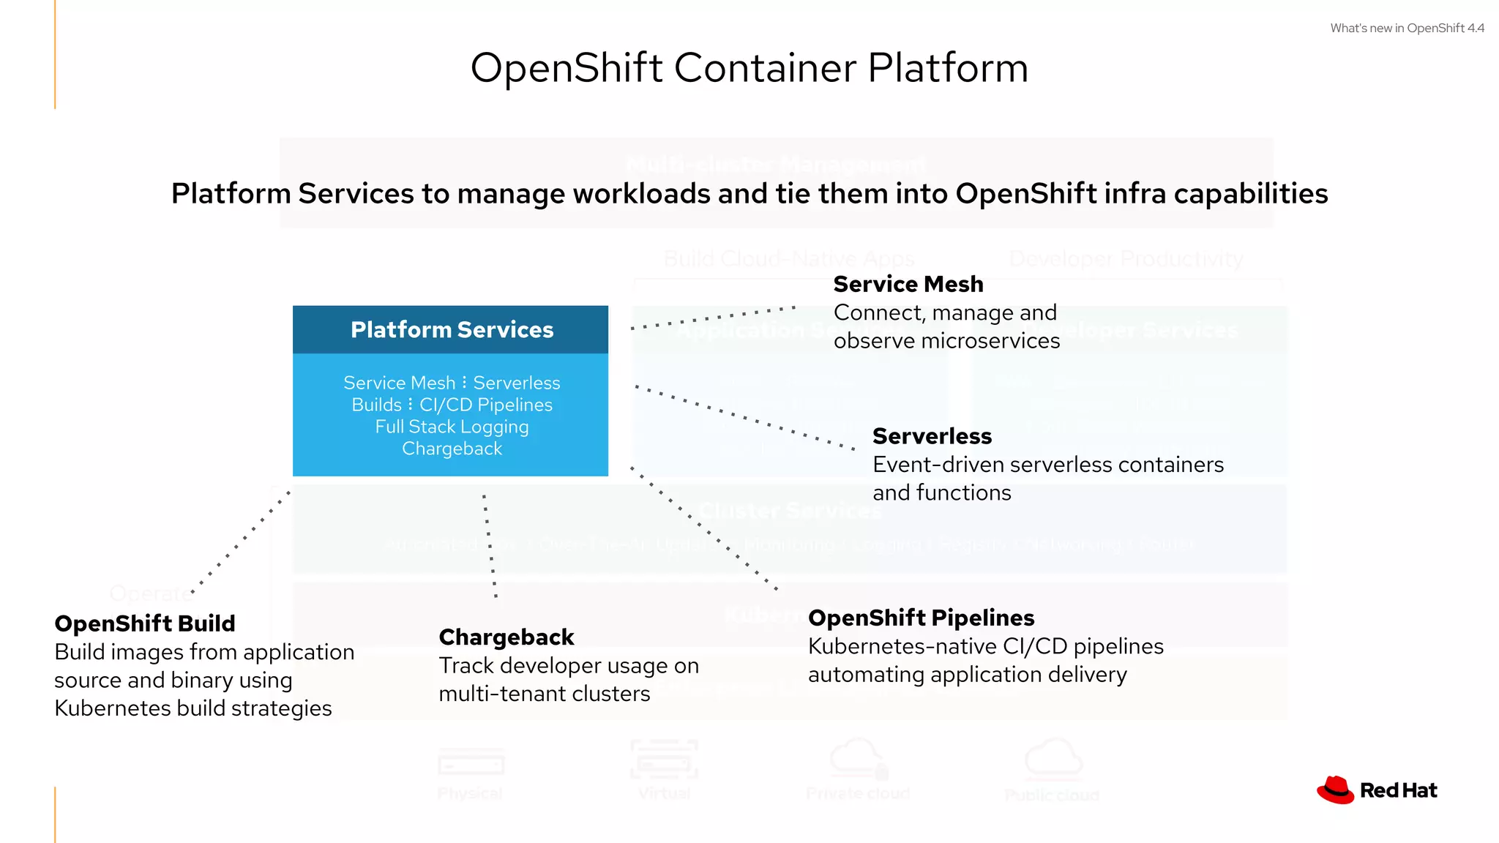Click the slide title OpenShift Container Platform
pyautogui.click(x=749, y=68)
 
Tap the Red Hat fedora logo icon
pyautogui.click(x=1336, y=790)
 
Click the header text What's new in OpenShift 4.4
pyautogui.click(x=1407, y=29)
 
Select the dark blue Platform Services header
pyautogui.click(x=451, y=330)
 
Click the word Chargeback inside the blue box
pyautogui.click(x=452, y=449)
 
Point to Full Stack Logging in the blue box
pyautogui.click(x=452, y=427)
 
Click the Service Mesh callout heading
pyautogui.click(x=908, y=284)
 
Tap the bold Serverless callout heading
pyautogui.click(x=932, y=436)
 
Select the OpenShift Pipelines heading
pyautogui.click(x=921, y=618)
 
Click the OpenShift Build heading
pyautogui.click(x=145, y=623)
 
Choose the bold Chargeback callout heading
pyautogui.click(x=506, y=637)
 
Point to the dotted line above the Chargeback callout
pyautogui.click(x=490, y=545)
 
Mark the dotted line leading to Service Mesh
pyautogui.click(x=713, y=318)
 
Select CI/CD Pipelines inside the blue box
pyautogui.click(x=486, y=405)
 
